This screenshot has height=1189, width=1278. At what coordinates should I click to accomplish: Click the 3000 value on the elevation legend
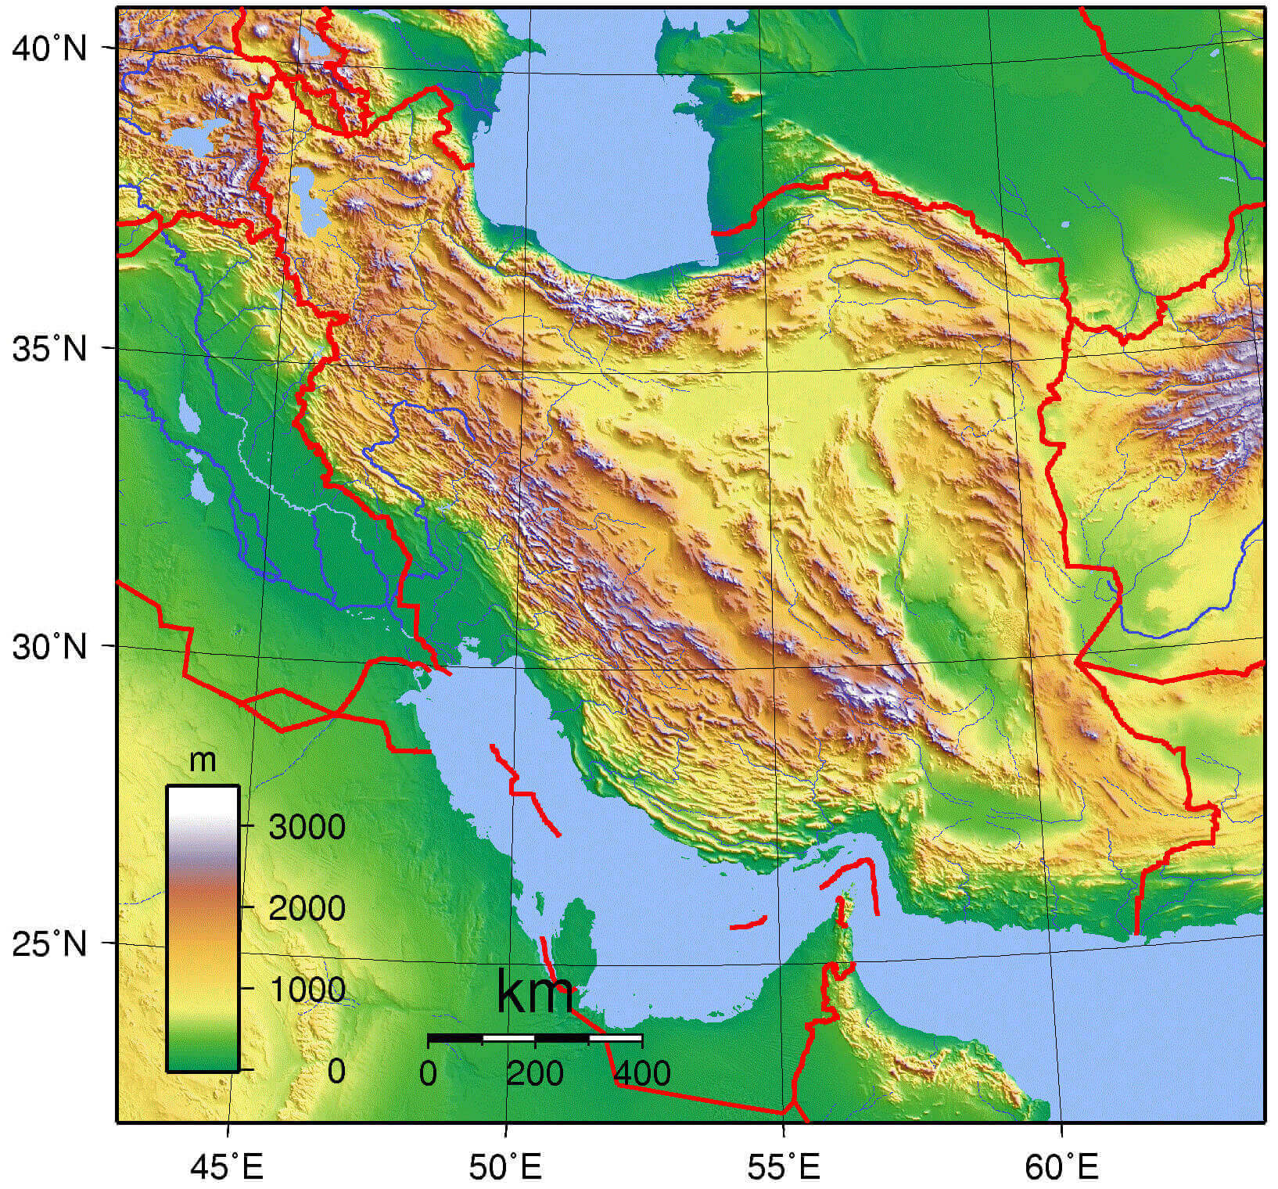[307, 827]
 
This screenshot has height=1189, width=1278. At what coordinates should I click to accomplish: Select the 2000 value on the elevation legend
[307, 908]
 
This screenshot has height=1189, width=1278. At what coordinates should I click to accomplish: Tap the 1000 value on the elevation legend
[307, 990]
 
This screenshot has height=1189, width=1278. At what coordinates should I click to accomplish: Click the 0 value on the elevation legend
[336, 1072]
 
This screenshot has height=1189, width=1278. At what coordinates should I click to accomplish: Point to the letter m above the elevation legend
[203, 760]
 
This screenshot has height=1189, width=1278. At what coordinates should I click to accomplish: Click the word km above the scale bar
[535, 994]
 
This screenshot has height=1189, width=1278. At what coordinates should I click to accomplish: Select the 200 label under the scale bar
[535, 1074]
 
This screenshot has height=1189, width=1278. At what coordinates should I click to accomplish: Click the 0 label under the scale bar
[428, 1074]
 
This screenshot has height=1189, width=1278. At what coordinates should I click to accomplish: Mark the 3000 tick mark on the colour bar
[246, 826]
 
